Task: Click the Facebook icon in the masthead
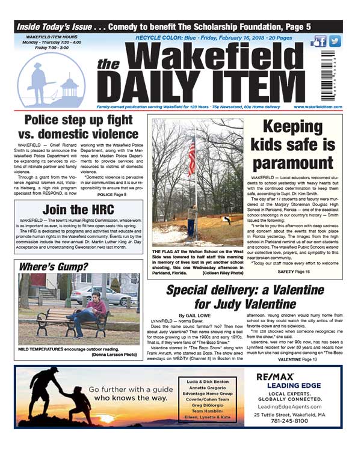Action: [x=319, y=41]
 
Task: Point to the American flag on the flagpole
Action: [x=192, y=156]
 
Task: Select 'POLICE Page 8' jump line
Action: [x=113, y=195]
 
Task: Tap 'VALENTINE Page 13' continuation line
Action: [x=297, y=359]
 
